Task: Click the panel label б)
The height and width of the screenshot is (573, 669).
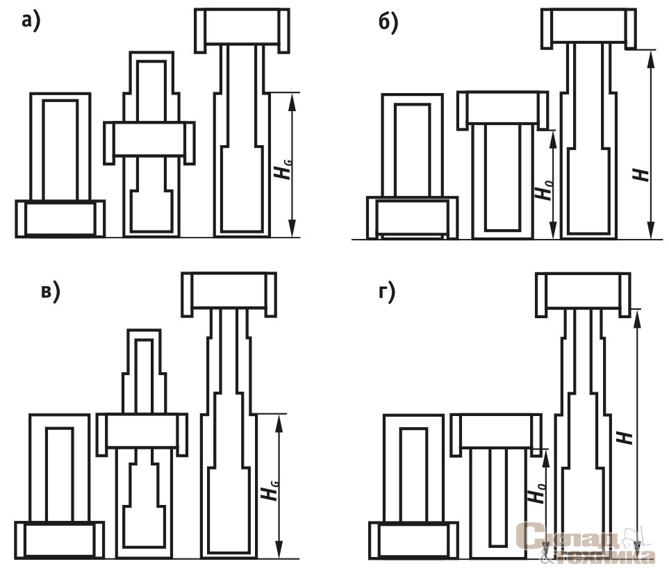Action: click(388, 24)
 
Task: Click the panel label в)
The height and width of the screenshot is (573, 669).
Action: click(50, 292)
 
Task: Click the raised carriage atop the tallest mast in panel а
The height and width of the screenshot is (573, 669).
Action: click(241, 28)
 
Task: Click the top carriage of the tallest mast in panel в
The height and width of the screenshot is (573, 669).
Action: click(229, 292)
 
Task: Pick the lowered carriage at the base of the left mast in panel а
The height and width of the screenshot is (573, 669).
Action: click(60, 218)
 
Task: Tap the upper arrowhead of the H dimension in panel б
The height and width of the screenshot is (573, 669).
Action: click(651, 56)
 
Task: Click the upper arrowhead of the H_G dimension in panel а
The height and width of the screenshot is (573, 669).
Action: click(293, 99)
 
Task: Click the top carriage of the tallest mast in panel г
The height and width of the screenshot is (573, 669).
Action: click(584, 292)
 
